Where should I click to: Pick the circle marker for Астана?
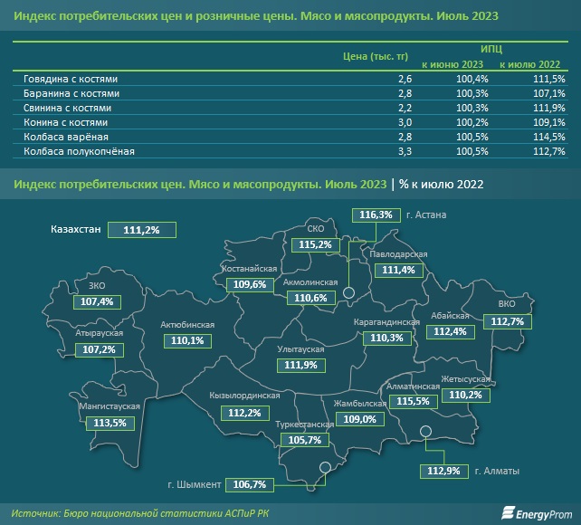[x=348, y=291]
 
